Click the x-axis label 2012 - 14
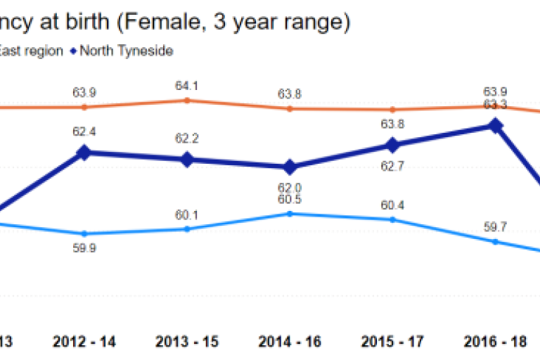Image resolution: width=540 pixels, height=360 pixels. (84, 342)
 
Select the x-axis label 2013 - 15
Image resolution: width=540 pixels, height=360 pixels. (187, 342)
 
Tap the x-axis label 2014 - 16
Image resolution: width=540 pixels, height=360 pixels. (289, 342)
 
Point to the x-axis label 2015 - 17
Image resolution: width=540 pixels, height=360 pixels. (392, 342)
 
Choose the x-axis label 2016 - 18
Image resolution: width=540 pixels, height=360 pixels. (495, 342)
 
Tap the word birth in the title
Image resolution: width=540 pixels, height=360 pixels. (88, 22)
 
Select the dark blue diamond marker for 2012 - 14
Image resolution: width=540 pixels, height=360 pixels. (84, 153)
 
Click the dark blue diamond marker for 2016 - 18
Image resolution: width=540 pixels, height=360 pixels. (495, 126)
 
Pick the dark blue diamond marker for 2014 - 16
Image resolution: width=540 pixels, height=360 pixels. (289, 167)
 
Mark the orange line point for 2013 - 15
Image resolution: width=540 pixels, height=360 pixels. (187, 101)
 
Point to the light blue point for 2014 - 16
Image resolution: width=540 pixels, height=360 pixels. (289, 213)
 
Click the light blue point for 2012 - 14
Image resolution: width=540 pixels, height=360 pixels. (84, 233)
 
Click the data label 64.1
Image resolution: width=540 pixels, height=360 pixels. (187, 86)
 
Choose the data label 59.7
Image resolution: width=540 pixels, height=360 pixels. (495, 227)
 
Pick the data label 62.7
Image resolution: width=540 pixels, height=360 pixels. (392, 167)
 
